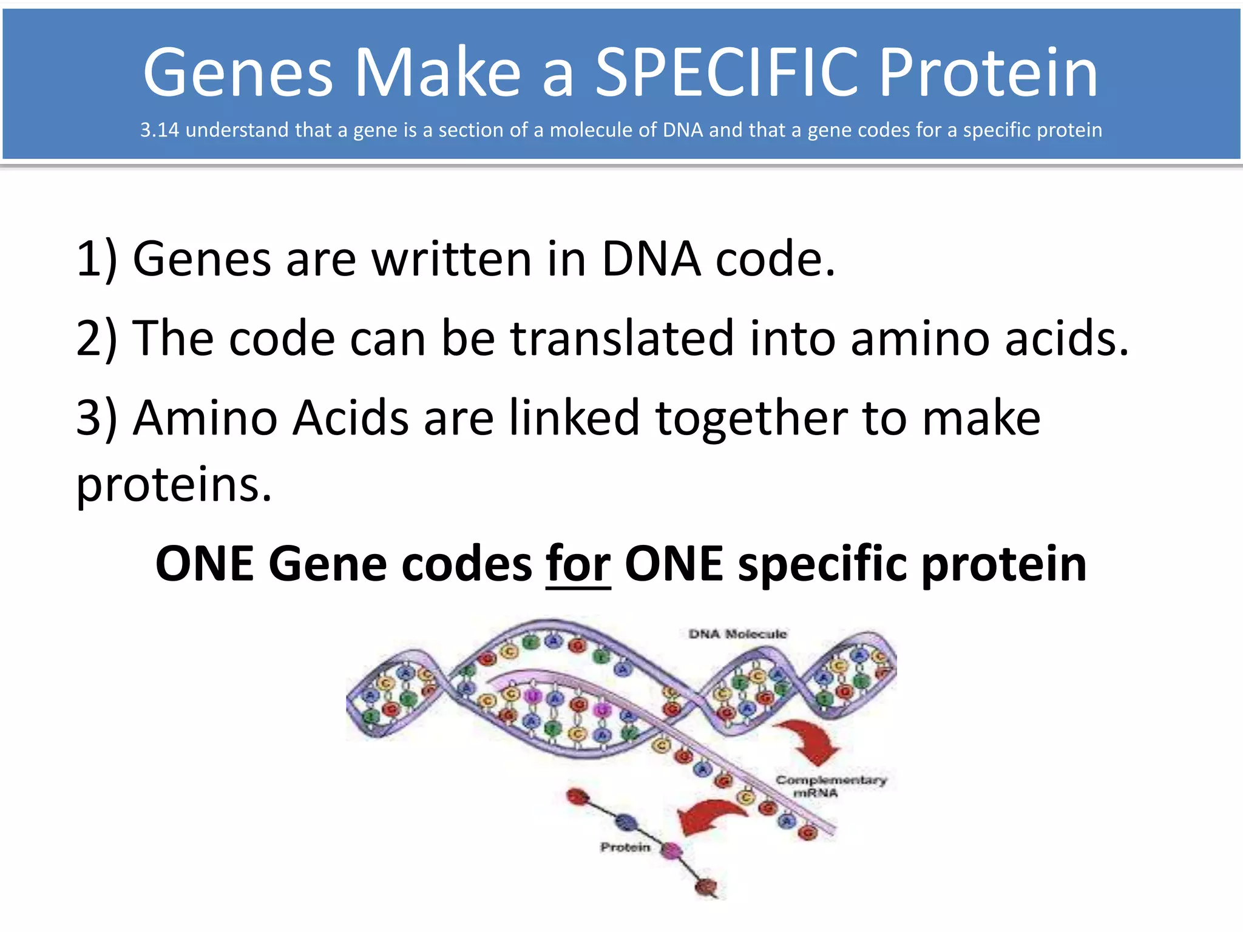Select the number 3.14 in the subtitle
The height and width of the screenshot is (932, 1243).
point(159,130)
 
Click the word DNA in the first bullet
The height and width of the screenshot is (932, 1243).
point(651,259)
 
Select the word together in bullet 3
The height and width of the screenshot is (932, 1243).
point(751,419)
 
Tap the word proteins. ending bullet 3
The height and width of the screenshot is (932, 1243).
point(174,485)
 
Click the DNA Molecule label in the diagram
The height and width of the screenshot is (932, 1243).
point(737,634)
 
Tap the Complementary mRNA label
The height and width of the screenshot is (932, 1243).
point(830,786)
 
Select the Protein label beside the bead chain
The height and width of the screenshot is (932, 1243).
point(625,847)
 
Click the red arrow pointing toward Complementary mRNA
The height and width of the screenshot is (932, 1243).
point(810,740)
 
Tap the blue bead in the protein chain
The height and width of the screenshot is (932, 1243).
point(626,822)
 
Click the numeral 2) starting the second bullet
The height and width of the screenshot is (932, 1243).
point(96,338)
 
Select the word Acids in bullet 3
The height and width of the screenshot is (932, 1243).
point(351,419)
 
